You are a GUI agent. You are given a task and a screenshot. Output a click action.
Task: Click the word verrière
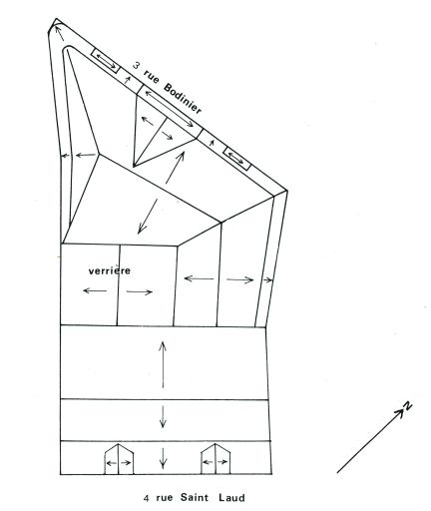(x=110, y=270)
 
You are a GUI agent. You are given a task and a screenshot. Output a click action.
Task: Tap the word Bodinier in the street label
(x=183, y=99)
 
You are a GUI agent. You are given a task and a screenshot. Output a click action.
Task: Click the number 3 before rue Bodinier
(x=136, y=65)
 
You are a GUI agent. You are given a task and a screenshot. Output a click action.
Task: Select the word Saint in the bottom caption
(x=195, y=497)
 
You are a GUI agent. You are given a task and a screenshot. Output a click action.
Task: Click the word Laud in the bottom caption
(x=231, y=498)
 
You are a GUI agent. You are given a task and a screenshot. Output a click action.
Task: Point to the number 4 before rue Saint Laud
(x=146, y=498)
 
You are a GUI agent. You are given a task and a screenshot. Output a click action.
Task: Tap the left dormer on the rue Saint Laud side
(x=119, y=459)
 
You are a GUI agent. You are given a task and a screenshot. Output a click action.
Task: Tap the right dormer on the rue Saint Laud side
(x=215, y=459)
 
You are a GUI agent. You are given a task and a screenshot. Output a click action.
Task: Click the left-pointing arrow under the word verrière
(x=95, y=290)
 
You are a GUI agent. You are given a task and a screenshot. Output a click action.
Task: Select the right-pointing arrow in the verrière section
(x=140, y=292)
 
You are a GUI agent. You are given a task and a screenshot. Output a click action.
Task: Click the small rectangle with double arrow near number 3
(x=106, y=61)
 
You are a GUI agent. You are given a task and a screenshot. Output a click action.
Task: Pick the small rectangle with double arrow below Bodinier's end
(x=236, y=158)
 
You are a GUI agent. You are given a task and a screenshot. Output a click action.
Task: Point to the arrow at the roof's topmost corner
(x=59, y=33)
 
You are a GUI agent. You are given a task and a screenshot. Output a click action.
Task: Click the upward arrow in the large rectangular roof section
(x=163, y=364)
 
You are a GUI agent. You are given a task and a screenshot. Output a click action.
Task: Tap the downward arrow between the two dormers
(x=163, y=458)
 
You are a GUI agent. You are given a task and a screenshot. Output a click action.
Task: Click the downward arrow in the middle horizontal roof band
(x=163, y=416)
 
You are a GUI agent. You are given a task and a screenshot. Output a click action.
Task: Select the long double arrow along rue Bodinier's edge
(x=169, y=109)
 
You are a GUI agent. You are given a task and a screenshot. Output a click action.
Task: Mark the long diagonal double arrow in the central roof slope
(x=161, y=193)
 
